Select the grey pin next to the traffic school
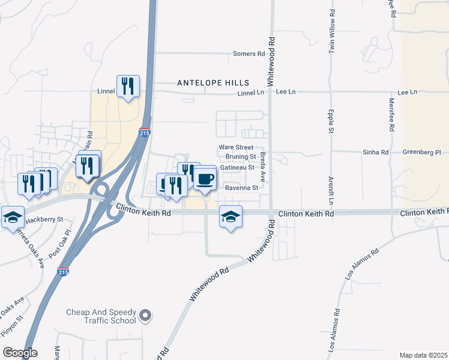pyautogui.click(x=145, y=315)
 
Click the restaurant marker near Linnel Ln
pyautogui.click(x=128, y=86)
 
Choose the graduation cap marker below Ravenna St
pyautogui.click(x=231, y=217)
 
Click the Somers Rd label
pyautogui.click(x=249, y=54)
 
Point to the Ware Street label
pyautogui.click(x=236, y=147)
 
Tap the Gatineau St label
pyautogui.click(x=238, y=167)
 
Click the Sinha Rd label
pyautogui.click(x=376, y=152)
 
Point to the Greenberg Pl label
pyautogui.click(x=421, y=152)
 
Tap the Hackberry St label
pyautogui.click(x=44, y=220)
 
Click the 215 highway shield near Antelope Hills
pyautogui.click(x=144, y=132)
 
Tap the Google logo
pyautogui.click(x=20, y=353)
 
